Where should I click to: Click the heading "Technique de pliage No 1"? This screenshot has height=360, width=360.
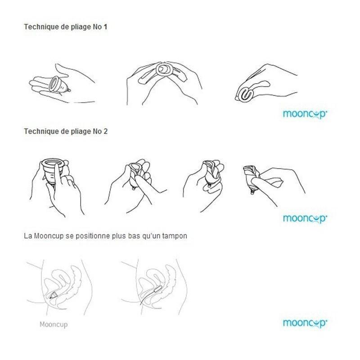[x=66, y=27]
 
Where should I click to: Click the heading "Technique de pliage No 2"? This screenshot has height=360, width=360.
[x=66, y=131]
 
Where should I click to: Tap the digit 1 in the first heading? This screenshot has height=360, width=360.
[x=105, y=27]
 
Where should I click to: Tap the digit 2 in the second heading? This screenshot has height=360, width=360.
[x=105, y=131]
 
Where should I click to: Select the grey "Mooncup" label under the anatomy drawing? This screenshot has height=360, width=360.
[x=54, y=324]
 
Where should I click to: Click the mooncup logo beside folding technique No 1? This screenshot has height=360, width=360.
[x=305, y=114]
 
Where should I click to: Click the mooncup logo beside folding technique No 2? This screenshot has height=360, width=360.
[x=305, y=219]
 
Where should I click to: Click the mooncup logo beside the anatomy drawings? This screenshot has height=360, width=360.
[x=305, y=323]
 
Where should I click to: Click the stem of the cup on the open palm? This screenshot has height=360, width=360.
[x=69, y=90]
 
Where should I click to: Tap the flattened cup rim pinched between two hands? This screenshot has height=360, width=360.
[x=163, y=69]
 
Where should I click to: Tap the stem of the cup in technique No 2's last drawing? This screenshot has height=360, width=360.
[x=252, y=192]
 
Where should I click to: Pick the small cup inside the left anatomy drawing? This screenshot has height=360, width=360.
[x=53, y=296]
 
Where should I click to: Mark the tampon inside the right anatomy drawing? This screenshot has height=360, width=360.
[x=158, y=289]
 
